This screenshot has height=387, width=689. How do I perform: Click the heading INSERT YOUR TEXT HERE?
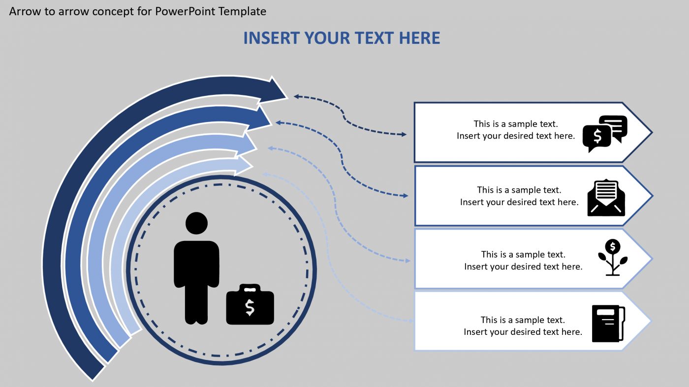pyautogui.click(x=342, y=38)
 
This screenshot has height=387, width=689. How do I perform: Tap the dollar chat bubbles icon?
pyautogui.click(x=605, y=133)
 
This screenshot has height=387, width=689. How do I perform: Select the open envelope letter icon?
pyautogui.click(x=606, y=198)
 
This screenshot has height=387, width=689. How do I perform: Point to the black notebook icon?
pyautogui.click(x=608, y=323)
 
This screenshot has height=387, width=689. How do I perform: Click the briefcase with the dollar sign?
pyautogui.click(x=250, y=305)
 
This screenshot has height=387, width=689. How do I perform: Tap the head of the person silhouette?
pyautogui.click(x=196, y=223)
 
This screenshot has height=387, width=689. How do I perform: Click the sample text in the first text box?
pyautogui.click(x=516, y=130)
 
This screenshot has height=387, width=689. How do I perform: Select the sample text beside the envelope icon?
pyautogui.click(x=519, y=196)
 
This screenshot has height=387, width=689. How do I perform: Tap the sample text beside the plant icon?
pyautogui.click(x=523, y=260)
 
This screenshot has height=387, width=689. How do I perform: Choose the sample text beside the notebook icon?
pyautogui.click(x=523, y=326)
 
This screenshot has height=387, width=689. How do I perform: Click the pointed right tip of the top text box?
pyautogui.click(x=651, y=132)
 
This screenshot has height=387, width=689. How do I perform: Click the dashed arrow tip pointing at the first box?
pyautogui.click(x=405, y=134)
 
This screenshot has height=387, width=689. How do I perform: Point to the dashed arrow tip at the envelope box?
pyautogui.click(x=406, y=196)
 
